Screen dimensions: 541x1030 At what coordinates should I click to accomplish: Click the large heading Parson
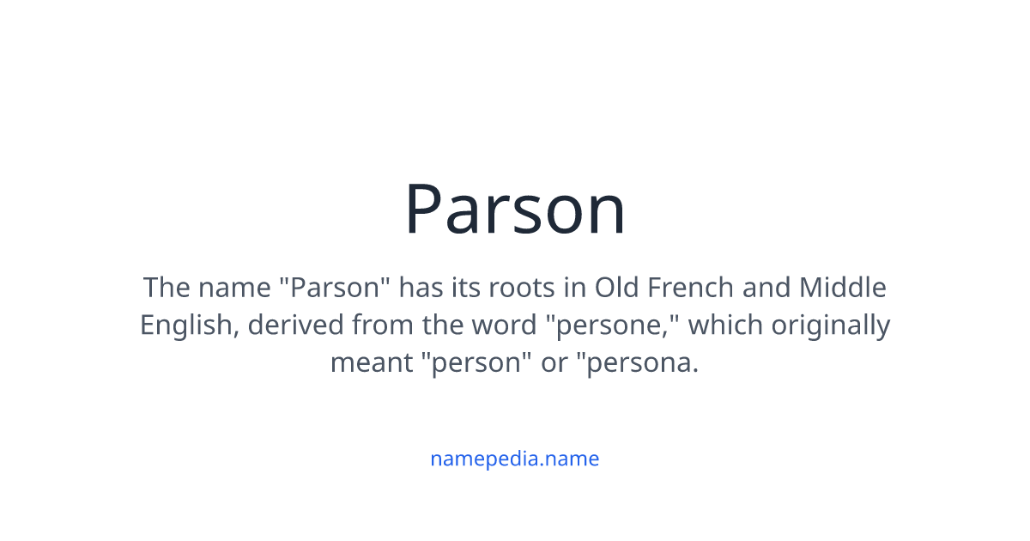click(515, 210)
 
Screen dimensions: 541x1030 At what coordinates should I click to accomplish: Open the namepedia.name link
click(514, 459)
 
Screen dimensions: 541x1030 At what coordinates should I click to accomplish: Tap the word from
click(387, 325)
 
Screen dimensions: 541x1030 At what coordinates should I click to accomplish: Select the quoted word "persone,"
click(613, 325)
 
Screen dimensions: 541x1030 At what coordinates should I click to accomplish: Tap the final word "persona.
click(638, 363)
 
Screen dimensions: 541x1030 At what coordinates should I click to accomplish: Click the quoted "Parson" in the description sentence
click(336, 287)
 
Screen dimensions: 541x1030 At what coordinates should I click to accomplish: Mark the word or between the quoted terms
click(554, 363)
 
